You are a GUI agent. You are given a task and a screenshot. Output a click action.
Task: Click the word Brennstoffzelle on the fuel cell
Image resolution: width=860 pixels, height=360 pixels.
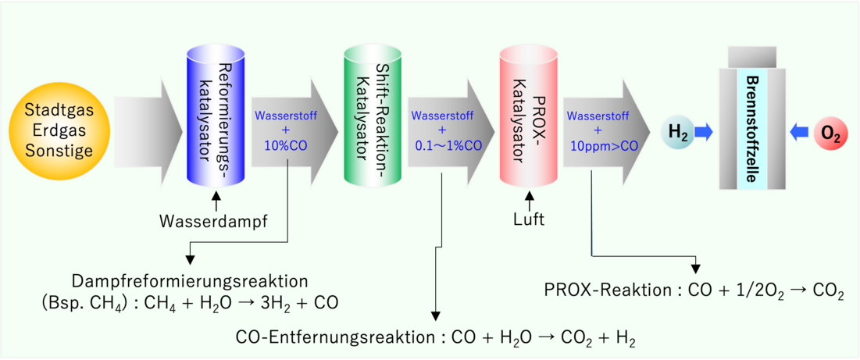pyautogui.click(x=751, y=128)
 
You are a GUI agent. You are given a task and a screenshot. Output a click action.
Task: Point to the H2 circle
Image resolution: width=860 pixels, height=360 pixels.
pyautogui.click(x=676, y=133)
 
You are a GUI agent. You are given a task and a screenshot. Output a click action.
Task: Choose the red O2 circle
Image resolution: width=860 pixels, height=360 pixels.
pyautogui.click(x=829, y=134)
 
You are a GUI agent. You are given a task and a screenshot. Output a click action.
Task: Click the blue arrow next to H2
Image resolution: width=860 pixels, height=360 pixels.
pyautogui.click(x=705, y=133)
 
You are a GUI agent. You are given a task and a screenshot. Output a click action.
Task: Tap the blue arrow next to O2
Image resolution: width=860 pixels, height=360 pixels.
pyautogui.click(x=799, y=134)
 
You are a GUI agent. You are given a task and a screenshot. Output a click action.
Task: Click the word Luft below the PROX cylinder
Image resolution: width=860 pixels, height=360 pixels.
pyautogui.click(x=529, y=219)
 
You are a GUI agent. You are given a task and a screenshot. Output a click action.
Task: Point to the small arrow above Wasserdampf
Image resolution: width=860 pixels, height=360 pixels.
pyautogui.click(x=216, y=201)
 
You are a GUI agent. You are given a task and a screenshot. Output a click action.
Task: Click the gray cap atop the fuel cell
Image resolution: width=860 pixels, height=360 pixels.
pyautogui.click(x=751, y=56)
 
